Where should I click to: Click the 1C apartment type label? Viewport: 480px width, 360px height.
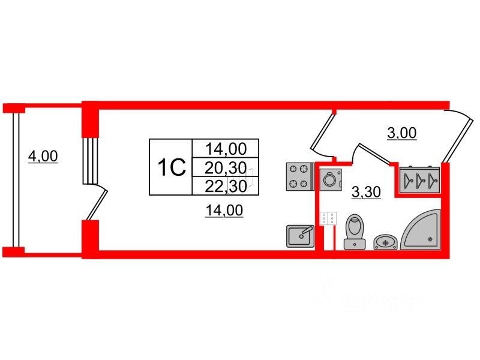[x=170, y=167]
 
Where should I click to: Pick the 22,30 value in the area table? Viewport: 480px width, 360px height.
[x=225, y=186]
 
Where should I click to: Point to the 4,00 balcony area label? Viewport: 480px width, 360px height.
[x=43, y=157]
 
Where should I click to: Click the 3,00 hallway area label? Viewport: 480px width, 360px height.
[x=401, y=133]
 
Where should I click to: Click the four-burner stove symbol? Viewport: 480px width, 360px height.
[x=298, y=176]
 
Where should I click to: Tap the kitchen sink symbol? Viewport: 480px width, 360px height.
[x=299, y=235]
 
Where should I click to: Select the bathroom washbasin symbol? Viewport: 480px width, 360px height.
[x=384, y=241]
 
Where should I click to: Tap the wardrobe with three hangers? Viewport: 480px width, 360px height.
[x=419, y=178]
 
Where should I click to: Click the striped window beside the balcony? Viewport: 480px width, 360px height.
[x=89, y=161]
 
